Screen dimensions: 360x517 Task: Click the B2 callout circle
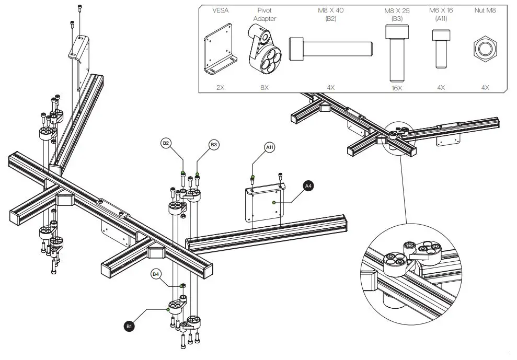pos(166,143)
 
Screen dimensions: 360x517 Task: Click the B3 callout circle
pos(213,144)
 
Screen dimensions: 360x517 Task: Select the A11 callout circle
pos(270,148)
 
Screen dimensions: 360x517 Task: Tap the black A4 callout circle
pos(308,185)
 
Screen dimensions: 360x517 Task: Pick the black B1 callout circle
pos(129,326)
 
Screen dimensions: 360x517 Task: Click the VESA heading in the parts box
pos(220,10)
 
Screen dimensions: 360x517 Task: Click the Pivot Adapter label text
pos(265,15)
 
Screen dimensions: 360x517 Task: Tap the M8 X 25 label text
pos(397,14)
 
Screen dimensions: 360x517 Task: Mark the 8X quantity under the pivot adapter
pos(265,88)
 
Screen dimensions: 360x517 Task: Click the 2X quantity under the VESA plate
pos(220,88)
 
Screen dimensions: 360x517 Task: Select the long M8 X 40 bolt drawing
pos(330,49)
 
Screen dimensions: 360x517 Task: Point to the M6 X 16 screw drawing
pos(441,49)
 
